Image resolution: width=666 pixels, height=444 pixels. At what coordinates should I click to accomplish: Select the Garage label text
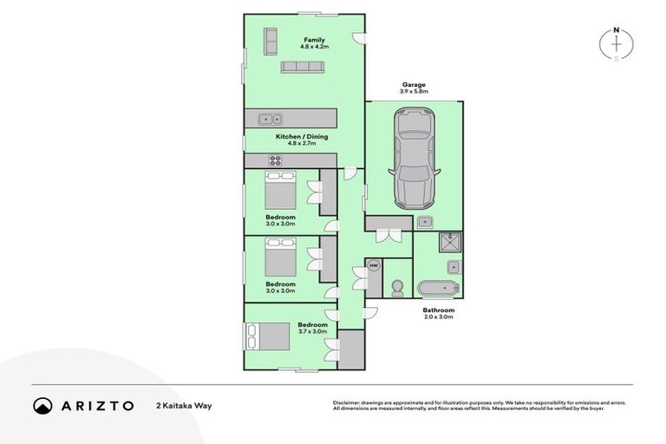click(x=413, y=84)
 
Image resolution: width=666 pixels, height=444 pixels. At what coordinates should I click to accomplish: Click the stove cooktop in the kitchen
click(x=276, y=160)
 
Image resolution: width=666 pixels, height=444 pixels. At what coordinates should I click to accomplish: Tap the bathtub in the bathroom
click(x=439, y=287)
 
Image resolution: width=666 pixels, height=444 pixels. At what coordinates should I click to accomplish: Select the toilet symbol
click(x=397, y=286)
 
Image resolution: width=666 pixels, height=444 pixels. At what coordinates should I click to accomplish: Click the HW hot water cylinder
click(x=374, y=265)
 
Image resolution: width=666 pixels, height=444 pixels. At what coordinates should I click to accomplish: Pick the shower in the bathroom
click(x=451, y=242)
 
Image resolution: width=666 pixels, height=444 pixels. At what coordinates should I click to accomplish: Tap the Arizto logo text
click(x=96, y=405)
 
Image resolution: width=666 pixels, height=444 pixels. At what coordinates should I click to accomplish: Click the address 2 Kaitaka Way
click(x=184, y=405)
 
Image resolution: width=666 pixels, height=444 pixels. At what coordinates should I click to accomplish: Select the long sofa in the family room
click(x=302, y=67)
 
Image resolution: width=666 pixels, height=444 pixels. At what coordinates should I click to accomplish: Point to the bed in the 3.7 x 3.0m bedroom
click(x=266, y=335)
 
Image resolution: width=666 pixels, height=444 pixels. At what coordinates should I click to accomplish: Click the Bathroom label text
click(x=438, y=310)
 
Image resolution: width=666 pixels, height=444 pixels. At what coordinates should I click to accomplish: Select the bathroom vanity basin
click(x=452, y=265)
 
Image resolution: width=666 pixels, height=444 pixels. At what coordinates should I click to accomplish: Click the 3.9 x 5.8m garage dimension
click(x=413, y=91)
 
